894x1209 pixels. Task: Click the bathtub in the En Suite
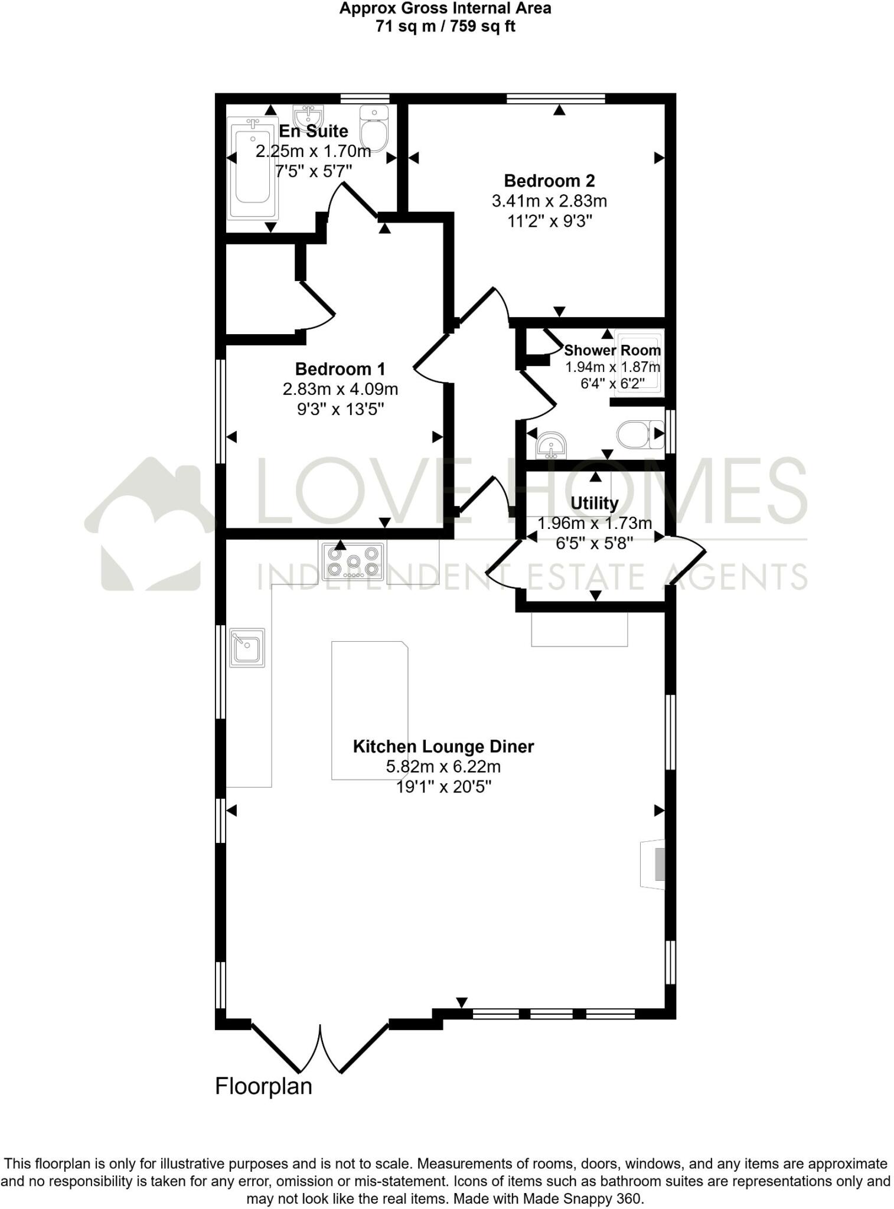pyautogui.click(x=253, y=168)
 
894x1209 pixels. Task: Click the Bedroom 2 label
pyautogui.click(x=549, y=181)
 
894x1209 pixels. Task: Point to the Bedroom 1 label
pyautogui.click(x=340, y=369)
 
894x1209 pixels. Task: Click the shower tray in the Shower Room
pyautogui.click(x=638, y=362)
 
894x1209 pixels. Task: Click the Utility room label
pyautogui.click(x=594, y=504)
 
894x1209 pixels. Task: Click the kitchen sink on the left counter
pyautogui.click(x=247, y=648)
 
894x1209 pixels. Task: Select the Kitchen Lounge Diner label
pyautogui.click(x=443, y=746)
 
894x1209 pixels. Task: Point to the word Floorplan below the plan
pyautogui.click(x=263, y=1086)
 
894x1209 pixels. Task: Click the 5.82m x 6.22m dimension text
pyautogui.click(x=443, y=767)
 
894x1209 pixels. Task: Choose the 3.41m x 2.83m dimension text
pyautogui.click(x=549, y=201)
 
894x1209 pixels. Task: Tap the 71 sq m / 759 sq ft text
pyautogui.click(x=445, y=27)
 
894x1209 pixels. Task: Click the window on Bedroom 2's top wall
pyautogui.click(x=556, y=99)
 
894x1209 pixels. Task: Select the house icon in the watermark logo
pyautogui.click(x=151, y=525)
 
